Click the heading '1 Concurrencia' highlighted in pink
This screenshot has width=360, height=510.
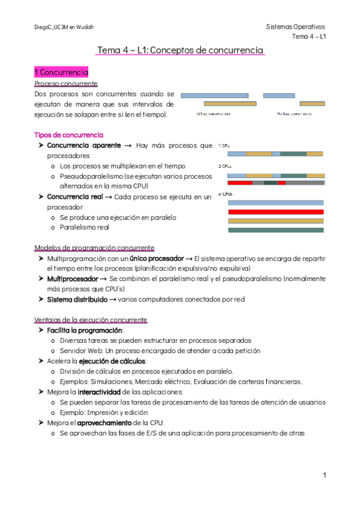point(61,72)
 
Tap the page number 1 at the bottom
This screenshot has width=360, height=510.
point(324,475)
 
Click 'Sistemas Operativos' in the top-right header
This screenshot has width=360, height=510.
point(295,27)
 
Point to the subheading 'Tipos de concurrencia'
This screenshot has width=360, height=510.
point(69,135)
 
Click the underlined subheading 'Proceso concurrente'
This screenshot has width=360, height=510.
point(66,84)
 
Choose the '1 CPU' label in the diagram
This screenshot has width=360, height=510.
point(224,146)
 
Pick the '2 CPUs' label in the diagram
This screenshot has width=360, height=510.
point(224,166)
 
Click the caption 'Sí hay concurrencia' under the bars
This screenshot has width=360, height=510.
point(213,113)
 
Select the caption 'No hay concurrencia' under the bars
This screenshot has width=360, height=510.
point(294,113)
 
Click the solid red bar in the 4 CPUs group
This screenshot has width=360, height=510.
point(276,212)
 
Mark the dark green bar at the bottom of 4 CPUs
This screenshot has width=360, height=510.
point(276,230)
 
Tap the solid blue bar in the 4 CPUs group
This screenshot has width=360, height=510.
point(276,203)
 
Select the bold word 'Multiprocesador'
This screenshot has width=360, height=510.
point(73,278)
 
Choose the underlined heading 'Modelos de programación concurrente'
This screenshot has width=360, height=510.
point(94,248)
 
